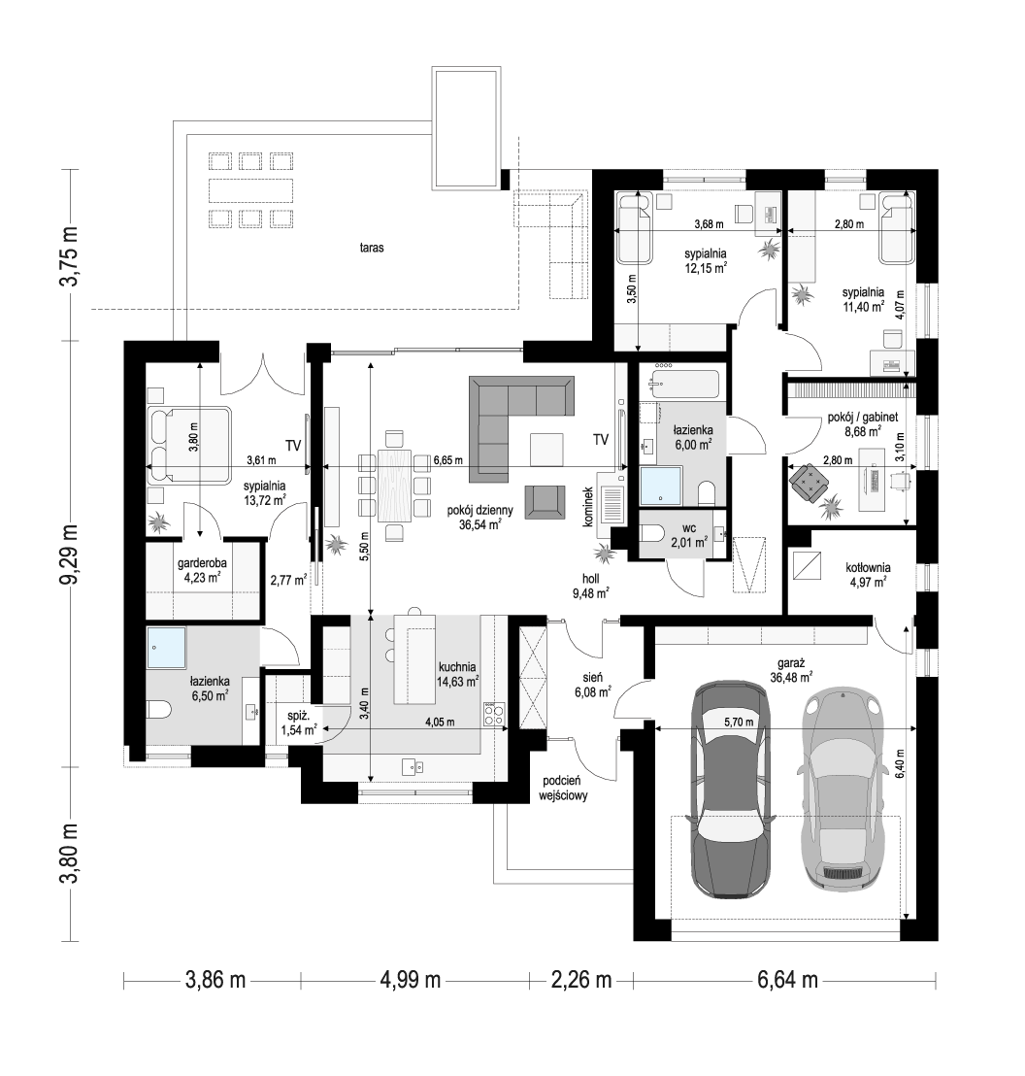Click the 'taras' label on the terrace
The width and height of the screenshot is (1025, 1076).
point(371,248)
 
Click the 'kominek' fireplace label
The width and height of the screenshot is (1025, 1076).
point(587,506)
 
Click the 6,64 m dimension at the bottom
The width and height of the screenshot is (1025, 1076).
point(787,979)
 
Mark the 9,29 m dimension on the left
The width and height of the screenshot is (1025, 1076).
point(71,554)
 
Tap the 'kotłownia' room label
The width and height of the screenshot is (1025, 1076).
point(868,567)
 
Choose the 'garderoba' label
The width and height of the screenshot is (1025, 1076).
point(202,562)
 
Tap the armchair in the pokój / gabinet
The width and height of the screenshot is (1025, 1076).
point(809,480)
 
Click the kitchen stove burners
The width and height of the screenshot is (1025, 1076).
point(494,715)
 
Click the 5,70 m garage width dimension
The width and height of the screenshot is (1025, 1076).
point(739,722)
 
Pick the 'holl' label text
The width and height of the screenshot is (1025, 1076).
point(590,579)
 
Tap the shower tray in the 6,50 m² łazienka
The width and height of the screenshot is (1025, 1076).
point(166,647)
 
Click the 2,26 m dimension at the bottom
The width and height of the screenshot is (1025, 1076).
point(580,979)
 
